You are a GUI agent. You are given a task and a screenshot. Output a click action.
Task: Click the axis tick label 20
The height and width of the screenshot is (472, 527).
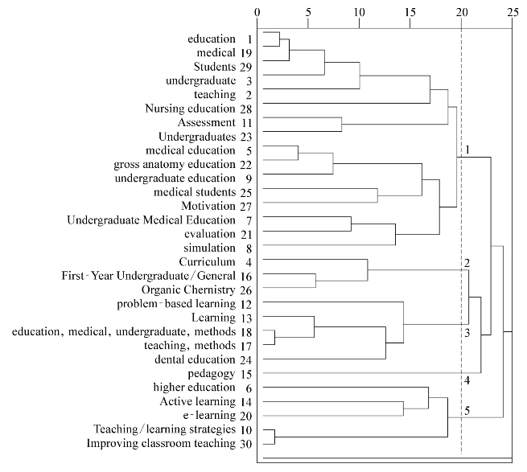461,12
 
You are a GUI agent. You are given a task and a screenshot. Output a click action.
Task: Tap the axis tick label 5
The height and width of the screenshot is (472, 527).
308,12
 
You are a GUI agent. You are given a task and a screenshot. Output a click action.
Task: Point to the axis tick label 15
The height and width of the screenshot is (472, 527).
410,12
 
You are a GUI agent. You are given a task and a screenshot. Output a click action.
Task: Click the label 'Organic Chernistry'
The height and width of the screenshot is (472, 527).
187,289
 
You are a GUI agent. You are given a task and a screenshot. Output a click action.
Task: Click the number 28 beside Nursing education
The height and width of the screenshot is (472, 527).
247,109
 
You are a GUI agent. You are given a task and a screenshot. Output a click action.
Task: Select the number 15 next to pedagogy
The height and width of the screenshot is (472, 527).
247,373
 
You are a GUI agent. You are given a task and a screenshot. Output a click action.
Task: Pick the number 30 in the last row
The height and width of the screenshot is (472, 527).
247,443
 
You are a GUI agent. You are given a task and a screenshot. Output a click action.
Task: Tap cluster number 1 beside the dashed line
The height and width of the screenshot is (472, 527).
467,150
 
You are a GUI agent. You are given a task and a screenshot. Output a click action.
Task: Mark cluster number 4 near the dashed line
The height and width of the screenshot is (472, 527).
467,380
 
